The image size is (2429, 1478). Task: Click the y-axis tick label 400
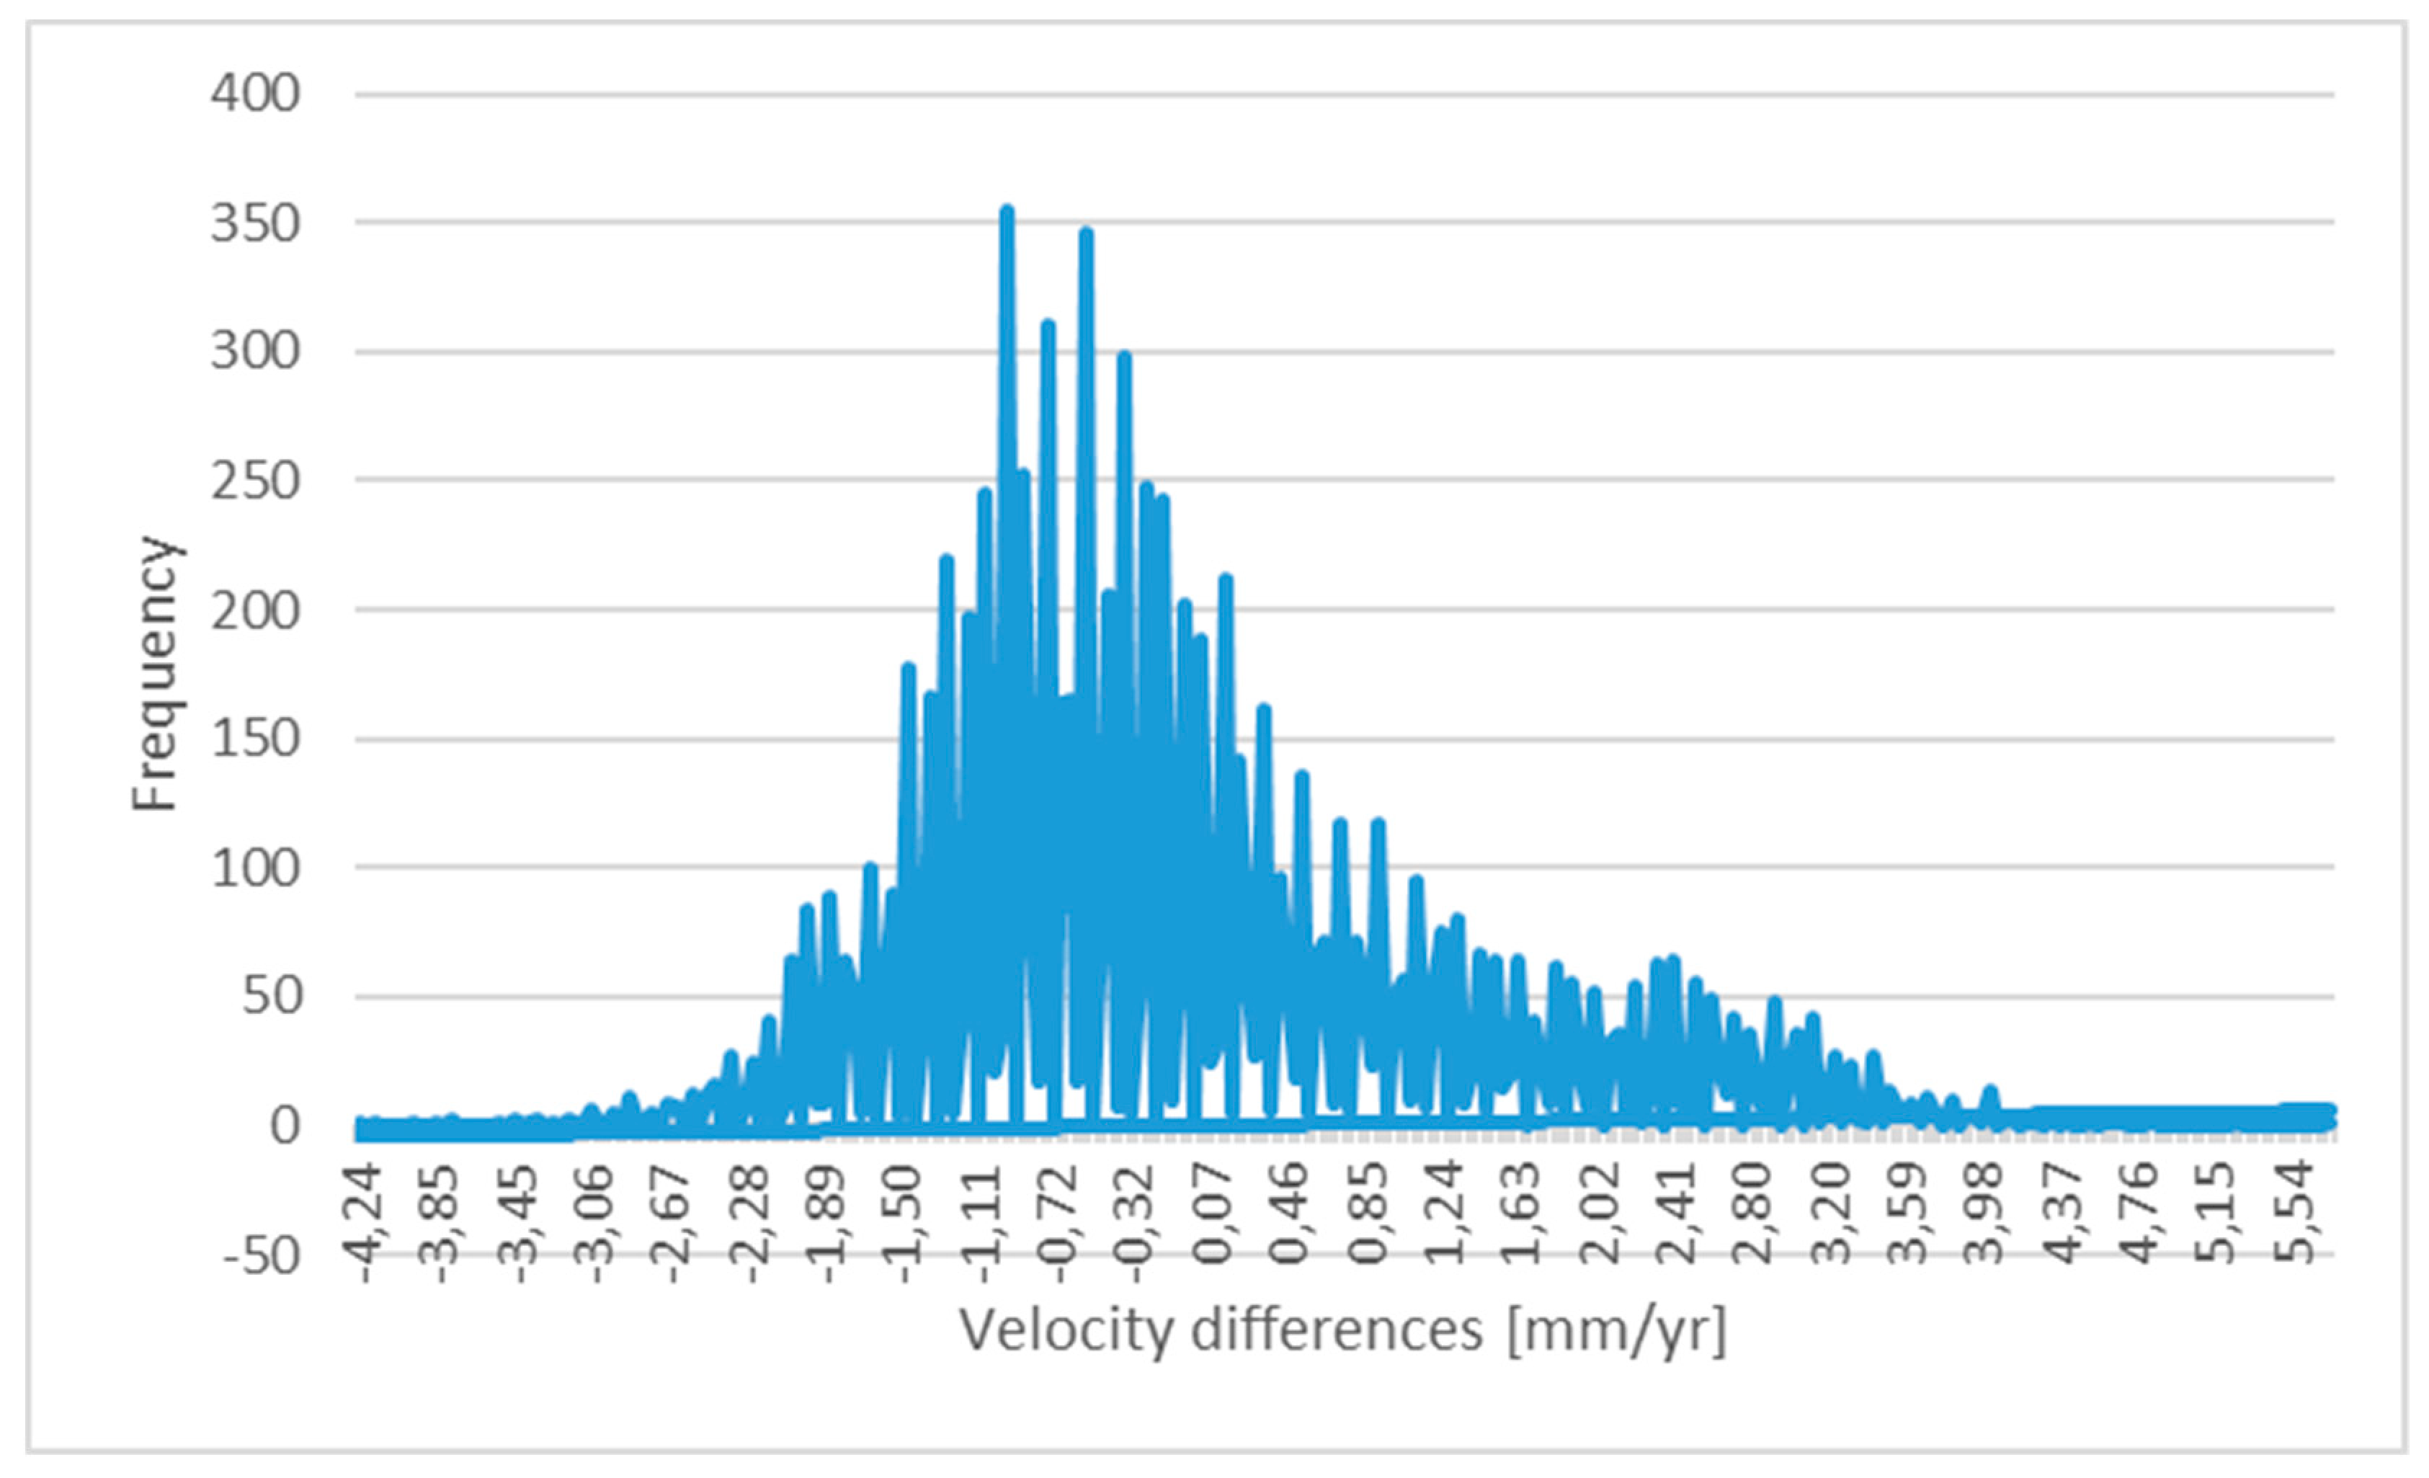tap(254, 94)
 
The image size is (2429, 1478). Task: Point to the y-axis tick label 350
tap(254, 224)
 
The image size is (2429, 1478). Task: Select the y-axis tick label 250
tap(254, 482)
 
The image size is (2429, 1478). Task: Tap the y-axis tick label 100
tap(254, 868)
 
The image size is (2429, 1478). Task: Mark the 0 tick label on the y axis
tap(284, 1126)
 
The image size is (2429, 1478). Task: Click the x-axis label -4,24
tap(362, 1223)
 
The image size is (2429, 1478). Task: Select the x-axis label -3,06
tap(594, 1223)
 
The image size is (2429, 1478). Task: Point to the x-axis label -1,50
tap(904, 1223)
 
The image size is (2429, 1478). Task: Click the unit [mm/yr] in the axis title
tap(1617, 1330)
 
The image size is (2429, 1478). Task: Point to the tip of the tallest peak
tap(1007, 210)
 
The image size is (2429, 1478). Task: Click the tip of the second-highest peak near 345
tap(1085, 233)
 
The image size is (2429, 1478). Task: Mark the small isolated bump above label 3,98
tap(1989, 1090)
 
